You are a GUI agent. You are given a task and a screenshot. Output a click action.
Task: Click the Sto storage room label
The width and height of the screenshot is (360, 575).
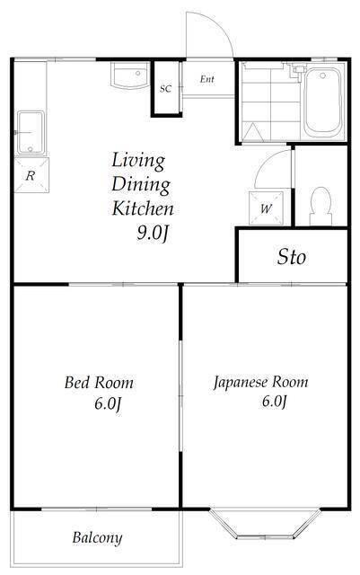(292, 258)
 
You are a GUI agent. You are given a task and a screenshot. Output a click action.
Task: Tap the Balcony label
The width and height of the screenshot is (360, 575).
(97, 539)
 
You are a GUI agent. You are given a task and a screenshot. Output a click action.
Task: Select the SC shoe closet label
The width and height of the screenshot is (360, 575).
(166, 89)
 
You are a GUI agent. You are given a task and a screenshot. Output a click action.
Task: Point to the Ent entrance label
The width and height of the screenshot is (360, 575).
(207, 79)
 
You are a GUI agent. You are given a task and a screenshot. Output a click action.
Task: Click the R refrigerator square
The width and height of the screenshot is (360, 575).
(31, 176)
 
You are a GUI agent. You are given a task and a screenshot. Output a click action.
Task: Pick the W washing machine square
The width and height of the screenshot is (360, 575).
(267, 208)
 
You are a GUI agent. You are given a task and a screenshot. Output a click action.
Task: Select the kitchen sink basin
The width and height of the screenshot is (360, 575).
(32, 133)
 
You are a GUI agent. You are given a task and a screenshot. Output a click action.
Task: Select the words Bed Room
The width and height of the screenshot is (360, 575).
(99, 383)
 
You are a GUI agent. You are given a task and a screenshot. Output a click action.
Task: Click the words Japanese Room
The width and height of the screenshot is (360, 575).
(260, 382)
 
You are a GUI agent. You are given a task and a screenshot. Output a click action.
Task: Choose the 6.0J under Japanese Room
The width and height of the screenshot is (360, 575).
(273, 402)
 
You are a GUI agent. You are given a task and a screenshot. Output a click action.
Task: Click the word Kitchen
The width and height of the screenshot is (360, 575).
(142, 208)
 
